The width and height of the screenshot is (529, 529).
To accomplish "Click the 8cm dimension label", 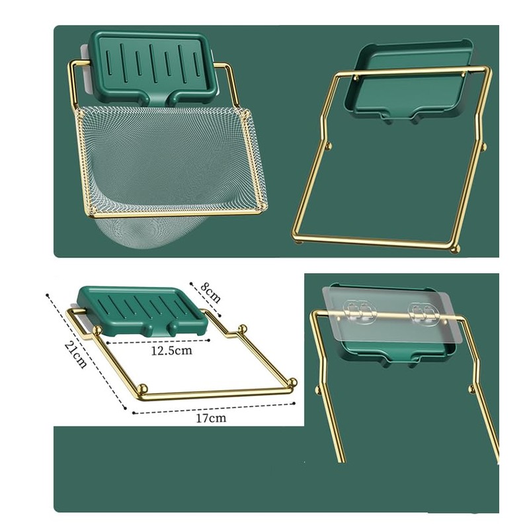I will [x=210, y=292].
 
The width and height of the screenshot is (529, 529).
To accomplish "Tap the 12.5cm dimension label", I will [x=171, y=350].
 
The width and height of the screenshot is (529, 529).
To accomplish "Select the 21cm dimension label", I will [x=75, y=354].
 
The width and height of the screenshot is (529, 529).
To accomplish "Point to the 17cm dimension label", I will [x=214, y=418].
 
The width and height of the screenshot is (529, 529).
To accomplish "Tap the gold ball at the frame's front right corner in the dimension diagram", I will [x=292, y=382].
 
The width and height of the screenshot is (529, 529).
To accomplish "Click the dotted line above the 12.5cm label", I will [x=159, y=341].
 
